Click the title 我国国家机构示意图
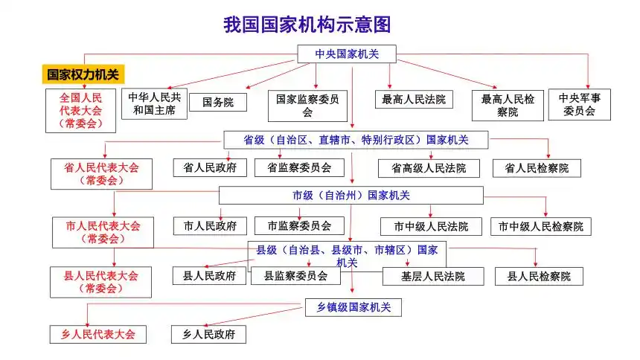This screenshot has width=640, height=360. pyautogui.click(x=307, y=25)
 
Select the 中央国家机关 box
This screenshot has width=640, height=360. pyautogui.click(x=346, y=54)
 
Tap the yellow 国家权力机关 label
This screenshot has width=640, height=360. pyautogui.click(x=82, y=74)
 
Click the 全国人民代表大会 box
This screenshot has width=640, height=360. pyautogui.click(x=81, y=110)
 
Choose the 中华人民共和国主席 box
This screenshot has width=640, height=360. pyautogui.click(x=154, y=104)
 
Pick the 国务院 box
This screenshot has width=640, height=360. pyautogui.click(x=217, y=103)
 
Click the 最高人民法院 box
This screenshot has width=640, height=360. pyautogui.click(x=414, y=99)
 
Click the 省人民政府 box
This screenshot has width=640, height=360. pyautogui.click(x=210, y=168)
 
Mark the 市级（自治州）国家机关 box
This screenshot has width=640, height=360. pyautogui.click(x=351, y=196)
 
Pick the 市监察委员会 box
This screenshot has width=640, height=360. pyautogui.click(x=299, y=225)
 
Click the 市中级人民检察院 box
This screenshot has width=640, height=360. pyautogui.click(x=541, y=227)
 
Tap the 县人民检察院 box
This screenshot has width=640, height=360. pyautogui.click(x=539, y=277)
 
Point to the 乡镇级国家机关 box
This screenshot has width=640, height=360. pyautogui.click(x=353, y=306)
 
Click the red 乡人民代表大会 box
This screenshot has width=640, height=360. pyautogui.click(x=98, y=335)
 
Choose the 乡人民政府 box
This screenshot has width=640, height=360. pyautogui.click(x=208, y=335)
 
